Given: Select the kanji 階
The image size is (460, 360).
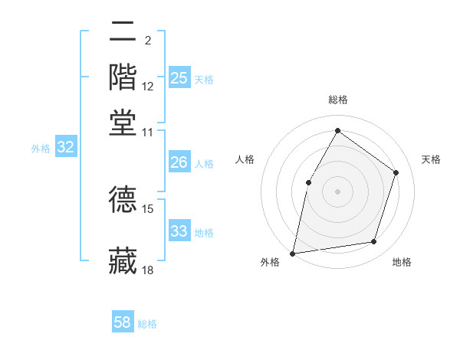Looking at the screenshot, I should click(123, 77).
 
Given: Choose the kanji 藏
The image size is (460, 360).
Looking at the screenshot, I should click(123, 260).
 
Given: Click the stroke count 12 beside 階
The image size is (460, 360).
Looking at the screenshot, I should click(148, 87).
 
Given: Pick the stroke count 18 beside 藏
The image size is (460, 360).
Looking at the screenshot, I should click(148, 270).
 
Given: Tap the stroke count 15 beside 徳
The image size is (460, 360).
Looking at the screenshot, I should click(148, 208).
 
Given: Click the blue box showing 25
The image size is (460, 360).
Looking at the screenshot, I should click(179, 78).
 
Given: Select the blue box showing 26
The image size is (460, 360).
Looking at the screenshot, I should click(179, 162).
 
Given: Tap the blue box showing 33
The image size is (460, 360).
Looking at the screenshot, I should click(179, 231).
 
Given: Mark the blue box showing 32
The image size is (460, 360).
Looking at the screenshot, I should click(65, 148).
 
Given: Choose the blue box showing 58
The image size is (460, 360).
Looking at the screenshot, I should click(123, 322).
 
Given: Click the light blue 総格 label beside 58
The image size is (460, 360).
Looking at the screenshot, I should click(147, 324).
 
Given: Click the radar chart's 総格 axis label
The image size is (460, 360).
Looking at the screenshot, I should click(337, 100).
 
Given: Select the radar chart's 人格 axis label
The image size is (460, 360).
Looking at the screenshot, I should click(245, 159).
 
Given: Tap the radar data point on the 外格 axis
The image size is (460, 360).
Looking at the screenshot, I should click(292, 253).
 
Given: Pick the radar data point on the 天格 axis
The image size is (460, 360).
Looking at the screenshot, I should click(396, 172).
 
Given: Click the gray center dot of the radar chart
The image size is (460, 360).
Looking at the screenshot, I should click(337, 191).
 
